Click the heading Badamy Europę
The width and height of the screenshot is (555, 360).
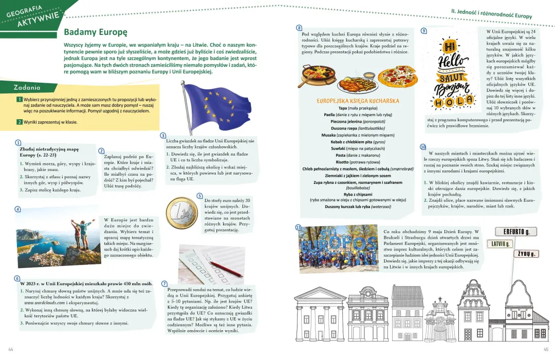tap(95, 32)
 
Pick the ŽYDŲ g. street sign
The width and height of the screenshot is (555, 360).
tap(527, 254)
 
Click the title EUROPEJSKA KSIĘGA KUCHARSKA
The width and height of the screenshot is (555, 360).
tap(358, 101)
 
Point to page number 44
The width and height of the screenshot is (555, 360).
tap(10, 349)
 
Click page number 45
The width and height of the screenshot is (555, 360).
tap(546, 349)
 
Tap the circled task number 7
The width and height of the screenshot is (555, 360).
tap(164, 283)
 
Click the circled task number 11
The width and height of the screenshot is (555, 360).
tap(298, 227)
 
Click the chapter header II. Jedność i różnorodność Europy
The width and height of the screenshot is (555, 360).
tap(491, 16)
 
